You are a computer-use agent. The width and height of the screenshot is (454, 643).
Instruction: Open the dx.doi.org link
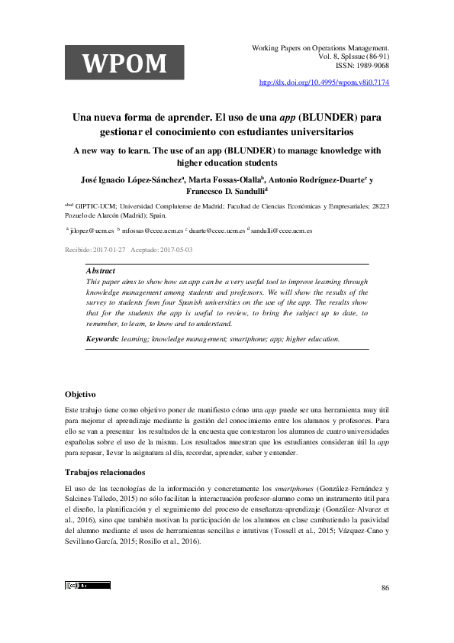point(325,81)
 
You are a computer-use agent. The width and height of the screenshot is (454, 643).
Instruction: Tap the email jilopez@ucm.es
point(92,230)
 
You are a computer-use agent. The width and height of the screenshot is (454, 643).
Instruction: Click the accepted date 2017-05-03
point(173,249)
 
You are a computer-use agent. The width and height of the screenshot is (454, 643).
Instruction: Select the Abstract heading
point(101,271)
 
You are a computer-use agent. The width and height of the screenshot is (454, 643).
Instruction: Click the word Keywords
point(102,338)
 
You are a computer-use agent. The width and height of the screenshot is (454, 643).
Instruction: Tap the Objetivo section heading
point(80,394)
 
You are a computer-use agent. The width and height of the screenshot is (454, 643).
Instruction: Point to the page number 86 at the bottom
point(385,587)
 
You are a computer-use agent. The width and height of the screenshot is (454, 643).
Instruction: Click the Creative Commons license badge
point(88,586)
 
